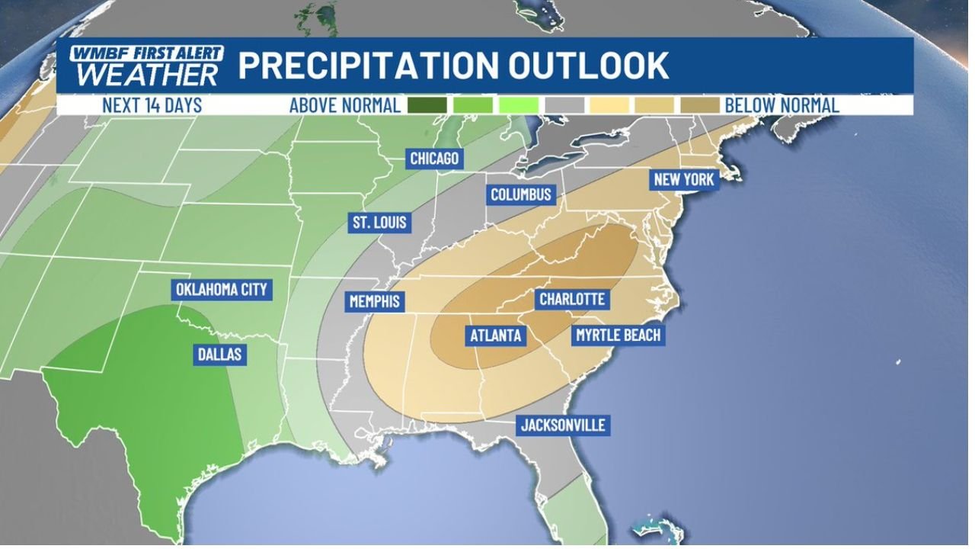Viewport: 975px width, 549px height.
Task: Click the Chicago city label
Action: pos(434,159)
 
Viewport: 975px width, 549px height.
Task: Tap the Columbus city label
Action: pos(520,194)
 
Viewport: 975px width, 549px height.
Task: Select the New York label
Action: pos(683,180)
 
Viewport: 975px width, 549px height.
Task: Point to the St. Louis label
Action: pos(379,223)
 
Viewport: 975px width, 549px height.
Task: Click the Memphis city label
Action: pos(374,301)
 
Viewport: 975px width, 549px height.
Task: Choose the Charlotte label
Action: pos(571,299)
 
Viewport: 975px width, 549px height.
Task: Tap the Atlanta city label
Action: pos(495,335)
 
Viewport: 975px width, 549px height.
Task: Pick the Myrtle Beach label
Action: pos(618,335)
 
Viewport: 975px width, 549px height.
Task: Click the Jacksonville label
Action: pos(564,425)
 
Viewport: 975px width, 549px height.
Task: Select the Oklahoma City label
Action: pos(221,290)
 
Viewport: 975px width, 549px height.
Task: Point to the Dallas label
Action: pos(219,354)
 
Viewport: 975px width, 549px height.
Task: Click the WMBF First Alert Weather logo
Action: pos(146,66)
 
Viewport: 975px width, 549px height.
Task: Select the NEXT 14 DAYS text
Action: pos(152,105)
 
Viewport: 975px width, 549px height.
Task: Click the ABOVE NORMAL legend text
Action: pos(344,105)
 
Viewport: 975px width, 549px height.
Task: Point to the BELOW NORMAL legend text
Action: pos(782,105)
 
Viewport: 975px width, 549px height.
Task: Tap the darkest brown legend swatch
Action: pos(700,105)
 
